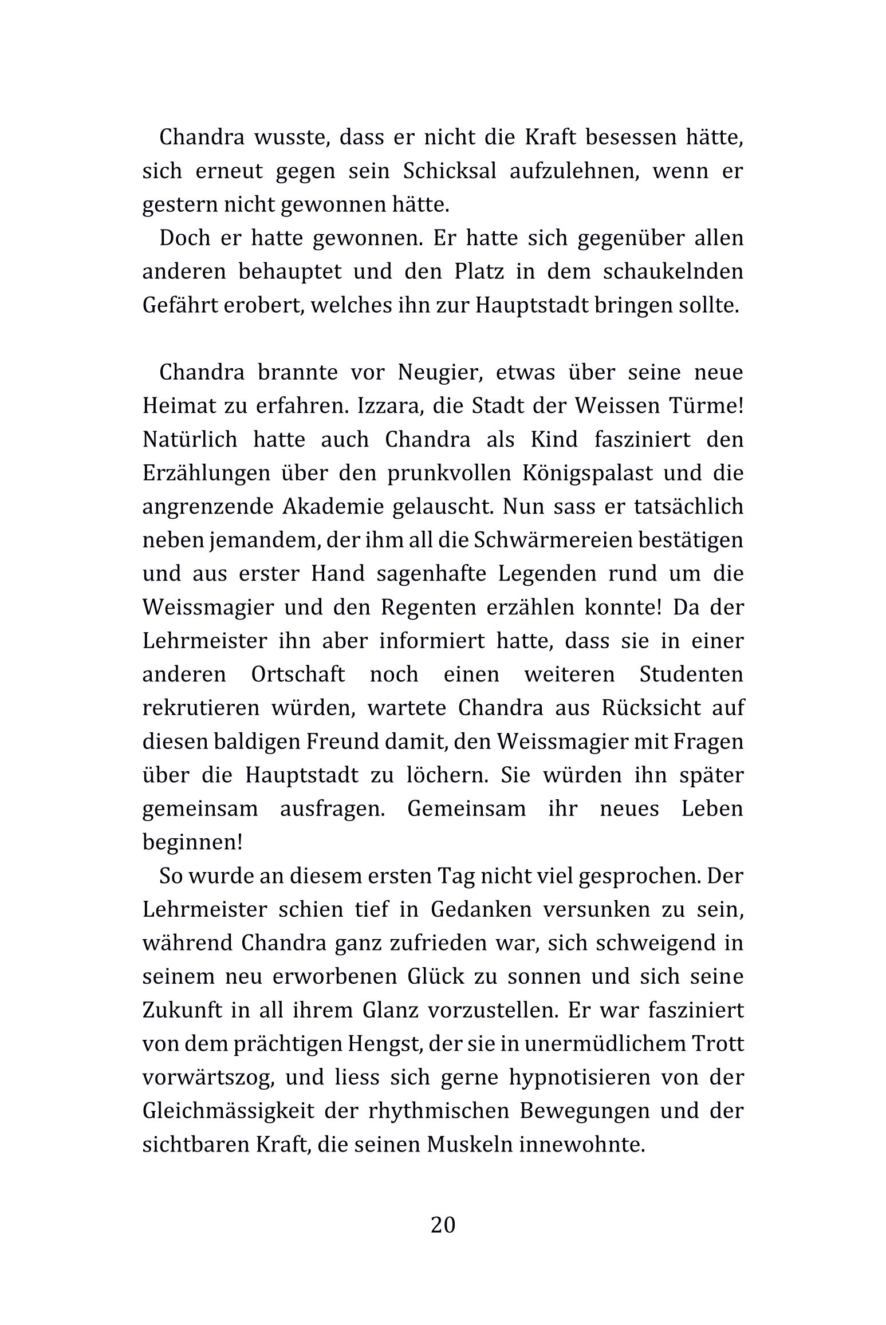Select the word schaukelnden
coord(673,271)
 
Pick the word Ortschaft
coord(298,675)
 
